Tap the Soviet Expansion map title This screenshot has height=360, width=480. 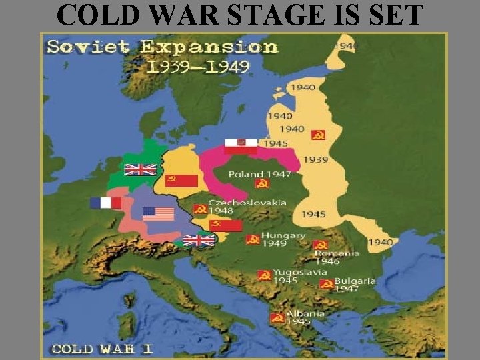pyautogui.click(x=162, y=47)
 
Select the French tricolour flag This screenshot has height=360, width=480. pyautogui.click(x=106, y=203)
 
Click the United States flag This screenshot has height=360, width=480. pyautogui.click(x=158, y=214)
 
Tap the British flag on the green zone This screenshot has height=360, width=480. pyautogui.click(x=140, y=169)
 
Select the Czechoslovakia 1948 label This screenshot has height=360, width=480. pyautogui.click(x=247, y=206)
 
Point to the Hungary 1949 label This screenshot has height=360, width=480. pyautogui.click(x=283, y=239)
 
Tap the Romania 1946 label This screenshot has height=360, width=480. pyautogui.click(x=337, y=257)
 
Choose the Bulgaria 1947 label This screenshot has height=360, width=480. pyautogui.click(x=355, y=285)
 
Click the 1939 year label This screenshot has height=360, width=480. pyautogui.click(x=315, y=159)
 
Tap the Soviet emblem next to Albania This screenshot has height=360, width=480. pyautogui.click(x=277, y=318)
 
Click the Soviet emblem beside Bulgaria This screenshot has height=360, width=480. pyautogui.click(x=326, y=284)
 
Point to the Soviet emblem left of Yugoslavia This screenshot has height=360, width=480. pyautogui.click(x=265, y=275)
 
